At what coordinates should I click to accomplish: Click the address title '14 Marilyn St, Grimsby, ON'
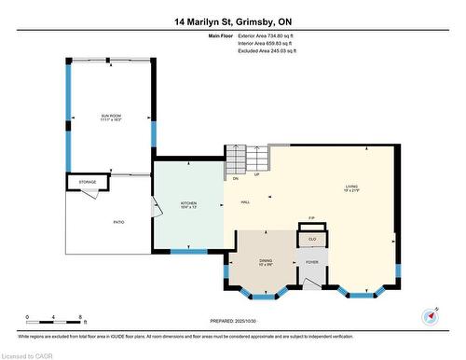click(x=232, y=21)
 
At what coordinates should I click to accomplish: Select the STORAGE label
click(x=86, y=183)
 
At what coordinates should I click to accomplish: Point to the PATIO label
click(x=118, y=222)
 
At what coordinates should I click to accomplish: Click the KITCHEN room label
click(x=189, y=203)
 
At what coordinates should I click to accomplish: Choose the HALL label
click(x=245, y=202)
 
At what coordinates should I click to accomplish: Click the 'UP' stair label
click(x=256, y=174)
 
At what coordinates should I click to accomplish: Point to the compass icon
click(x=431, y=315)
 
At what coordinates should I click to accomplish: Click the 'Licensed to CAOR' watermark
click(x=28, y=353)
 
